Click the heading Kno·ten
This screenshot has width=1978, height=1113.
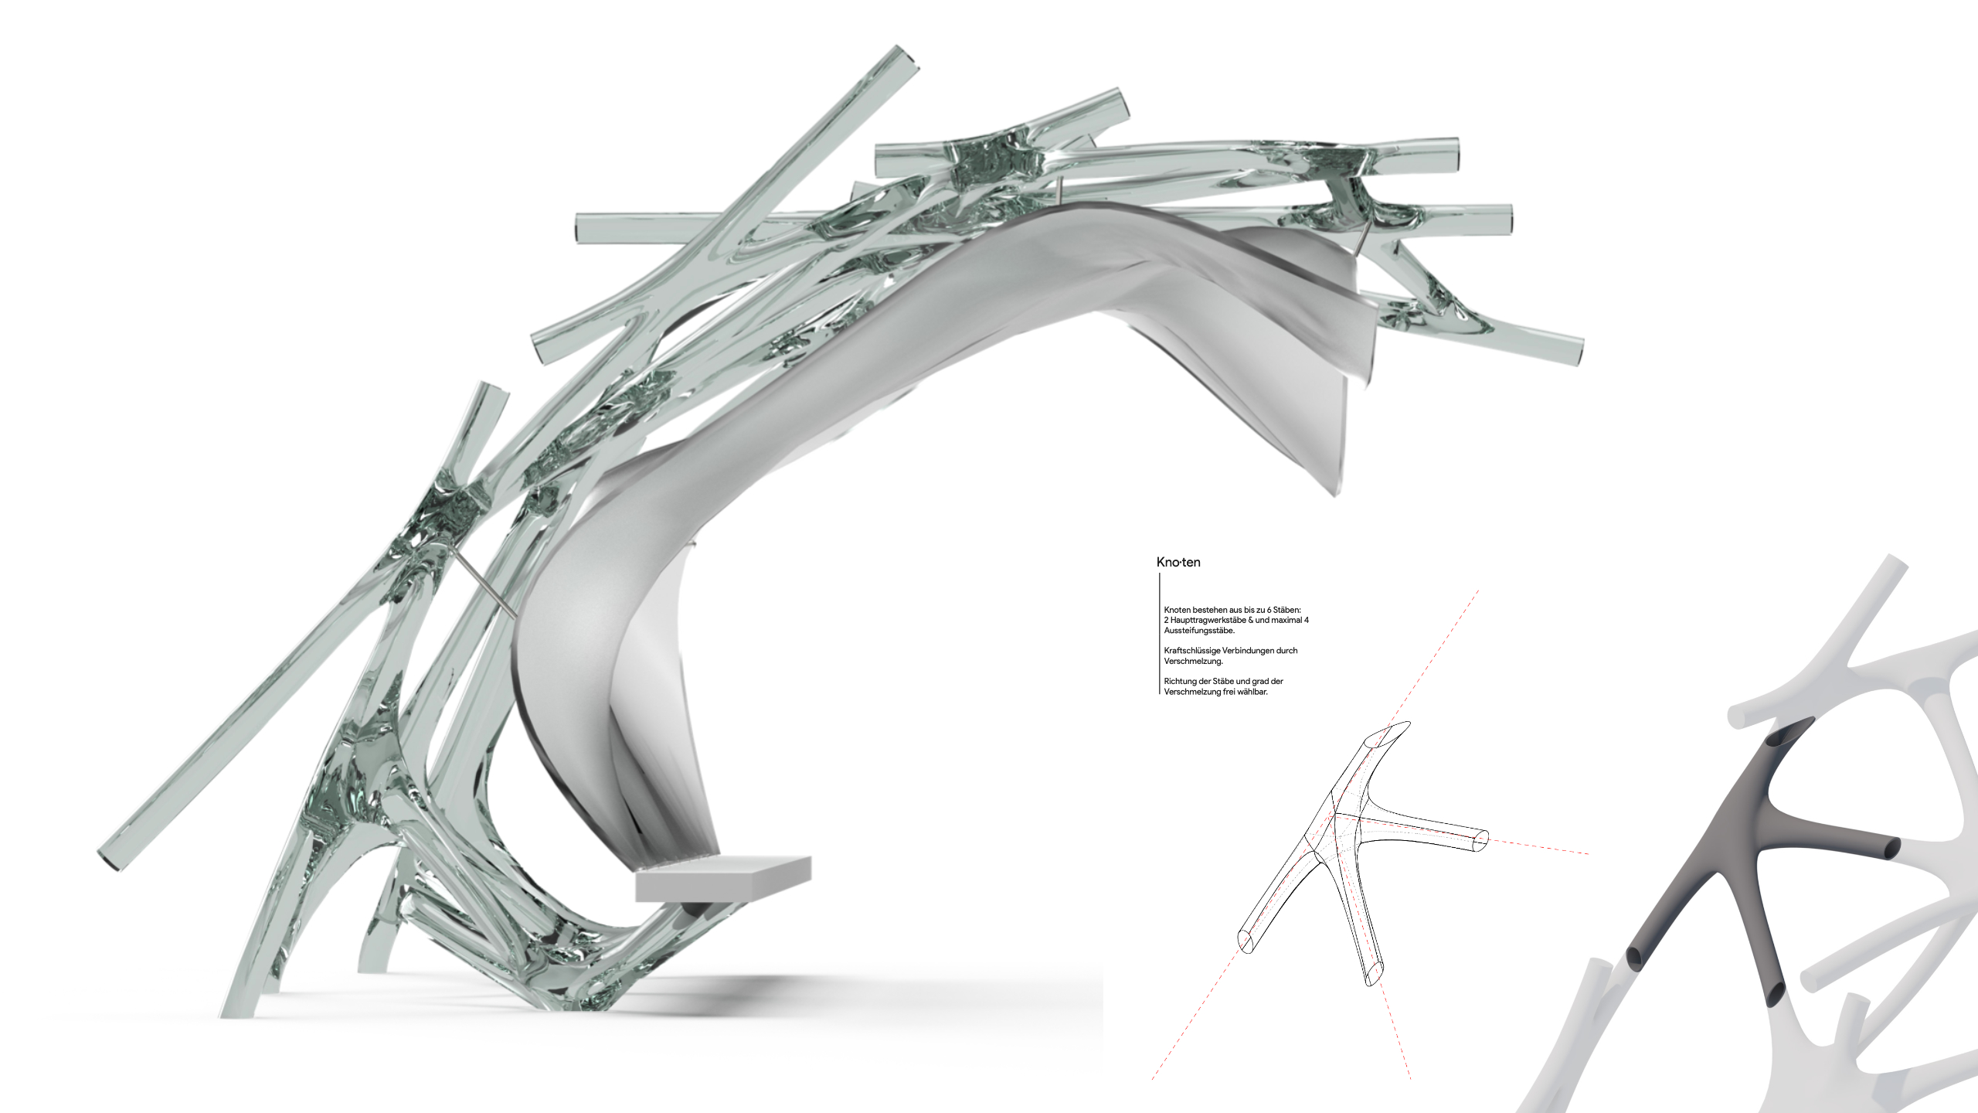1178,562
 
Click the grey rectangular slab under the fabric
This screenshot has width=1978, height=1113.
723,880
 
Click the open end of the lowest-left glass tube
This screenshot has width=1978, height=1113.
108,860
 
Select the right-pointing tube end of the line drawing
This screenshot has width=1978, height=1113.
1482,840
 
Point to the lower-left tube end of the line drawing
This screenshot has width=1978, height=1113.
1247,941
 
